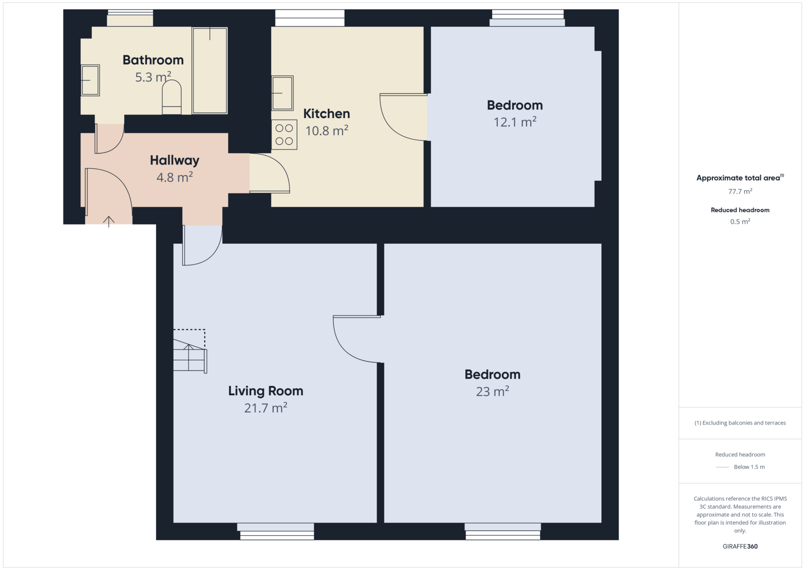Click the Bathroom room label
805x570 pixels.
[x=153, y=60]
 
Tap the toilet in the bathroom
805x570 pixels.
[x=172, y=97]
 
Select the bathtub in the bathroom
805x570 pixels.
[x=209, y=70]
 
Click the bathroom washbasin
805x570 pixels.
[x=90, y=80]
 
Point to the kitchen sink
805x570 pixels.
[x=282, y=93]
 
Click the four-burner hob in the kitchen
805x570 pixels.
[x=284, y=134]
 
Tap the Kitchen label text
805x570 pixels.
[x=327, y=114]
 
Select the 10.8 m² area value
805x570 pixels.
[x=327, y=130]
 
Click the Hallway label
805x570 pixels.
[x=174, y=161]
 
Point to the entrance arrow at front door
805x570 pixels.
[x=109, y=222]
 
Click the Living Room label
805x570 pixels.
[x=266, y=391]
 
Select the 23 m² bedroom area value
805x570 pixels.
[x=493, y=391]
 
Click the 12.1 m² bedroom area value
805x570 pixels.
[x=515, y=122]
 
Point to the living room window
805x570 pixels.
[x=276, y=531]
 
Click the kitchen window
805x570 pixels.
[x=310, y=18]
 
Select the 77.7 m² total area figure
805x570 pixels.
[x=740, y=191]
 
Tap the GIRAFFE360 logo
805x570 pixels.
[x=740, y=546]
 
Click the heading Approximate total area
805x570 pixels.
[x=740, y=178]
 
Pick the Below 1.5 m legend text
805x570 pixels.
[x=749, y=467]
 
